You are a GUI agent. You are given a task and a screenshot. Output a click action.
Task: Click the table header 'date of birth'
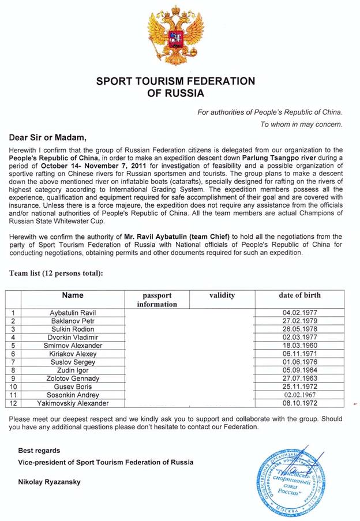pyautogui.click(x=299, y=295)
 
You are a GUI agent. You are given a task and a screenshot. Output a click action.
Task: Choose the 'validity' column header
pyautogui.click(x=222, y=295)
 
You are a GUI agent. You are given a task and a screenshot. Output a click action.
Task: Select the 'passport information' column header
pyautogui.click(x=157, y=299)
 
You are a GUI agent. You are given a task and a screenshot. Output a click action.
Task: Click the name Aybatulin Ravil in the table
pyautogui.click(x=73, y=312)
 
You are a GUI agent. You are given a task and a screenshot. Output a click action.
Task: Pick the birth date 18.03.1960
pyautogui.click(x=299, y=345)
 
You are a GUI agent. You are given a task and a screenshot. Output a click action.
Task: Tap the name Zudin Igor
pyautogui.click(x=73, y=370)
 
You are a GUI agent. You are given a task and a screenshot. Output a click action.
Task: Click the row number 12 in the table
pyautogui.click(x=13, y=403)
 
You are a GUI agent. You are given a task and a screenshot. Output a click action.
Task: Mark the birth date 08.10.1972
pyautogui.click(x=299, y=403)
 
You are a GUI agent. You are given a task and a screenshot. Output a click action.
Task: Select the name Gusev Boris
pyautogui.click(x=73, y=386)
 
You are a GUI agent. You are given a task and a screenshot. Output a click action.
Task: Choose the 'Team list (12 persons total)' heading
pyautogui.click(x=55, y=273)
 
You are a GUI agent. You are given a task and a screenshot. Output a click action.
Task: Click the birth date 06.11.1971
pyautogui.click(x=299, y=353)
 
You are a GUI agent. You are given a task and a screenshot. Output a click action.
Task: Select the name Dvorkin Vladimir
pyautogui.click(x=73, y=337)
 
